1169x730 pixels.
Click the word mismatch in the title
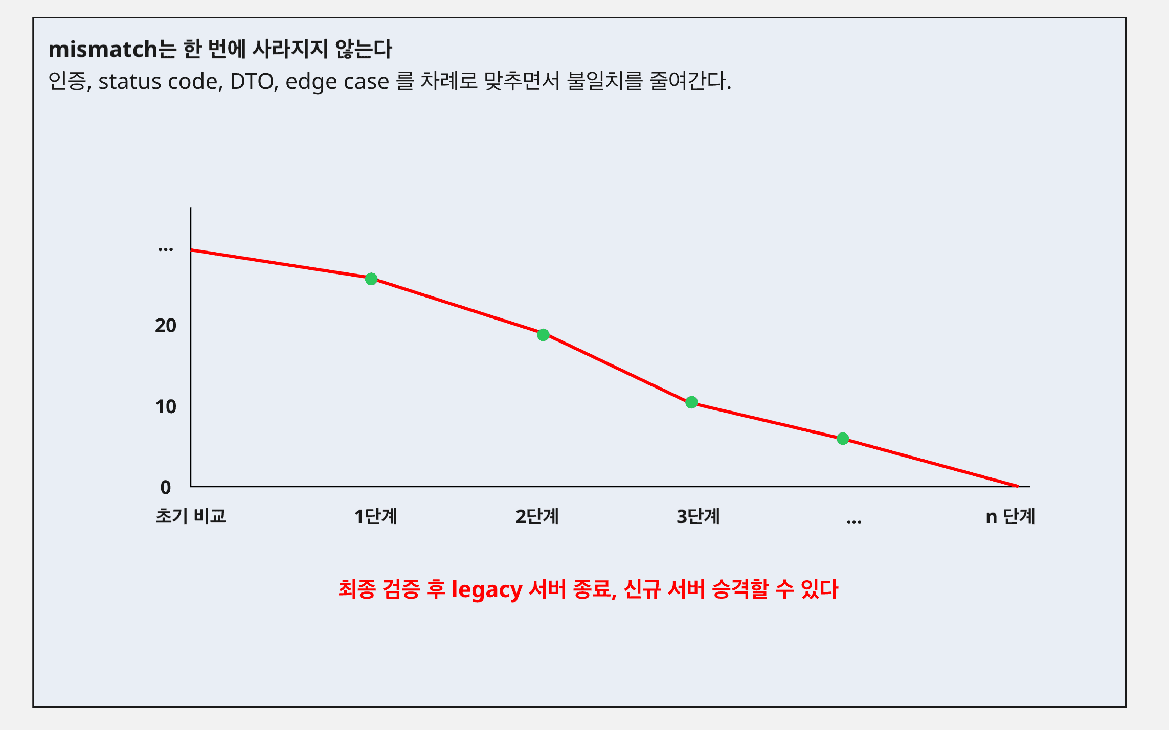[102, 50]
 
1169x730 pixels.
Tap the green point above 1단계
[371, 279]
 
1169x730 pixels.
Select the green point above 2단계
[543, 335]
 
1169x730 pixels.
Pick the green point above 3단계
[691, 402]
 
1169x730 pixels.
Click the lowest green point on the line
[843, 439]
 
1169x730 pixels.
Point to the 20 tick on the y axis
[166, 326]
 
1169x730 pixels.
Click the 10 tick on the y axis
[166, 407]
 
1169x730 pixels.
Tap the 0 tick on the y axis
[166, 488]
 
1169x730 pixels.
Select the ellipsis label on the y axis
[166, 249]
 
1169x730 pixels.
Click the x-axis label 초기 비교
[191, 516]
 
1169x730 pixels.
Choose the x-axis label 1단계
[376, 517]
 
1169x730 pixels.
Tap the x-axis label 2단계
[537, 517]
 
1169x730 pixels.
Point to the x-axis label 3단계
[698, 517]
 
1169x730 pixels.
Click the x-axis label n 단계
[1010, 517]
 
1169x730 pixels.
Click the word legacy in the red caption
[487, 590]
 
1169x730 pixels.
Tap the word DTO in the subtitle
[252, 82]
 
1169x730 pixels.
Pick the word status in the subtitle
[129, 82]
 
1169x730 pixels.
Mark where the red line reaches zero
[1018, 486]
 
